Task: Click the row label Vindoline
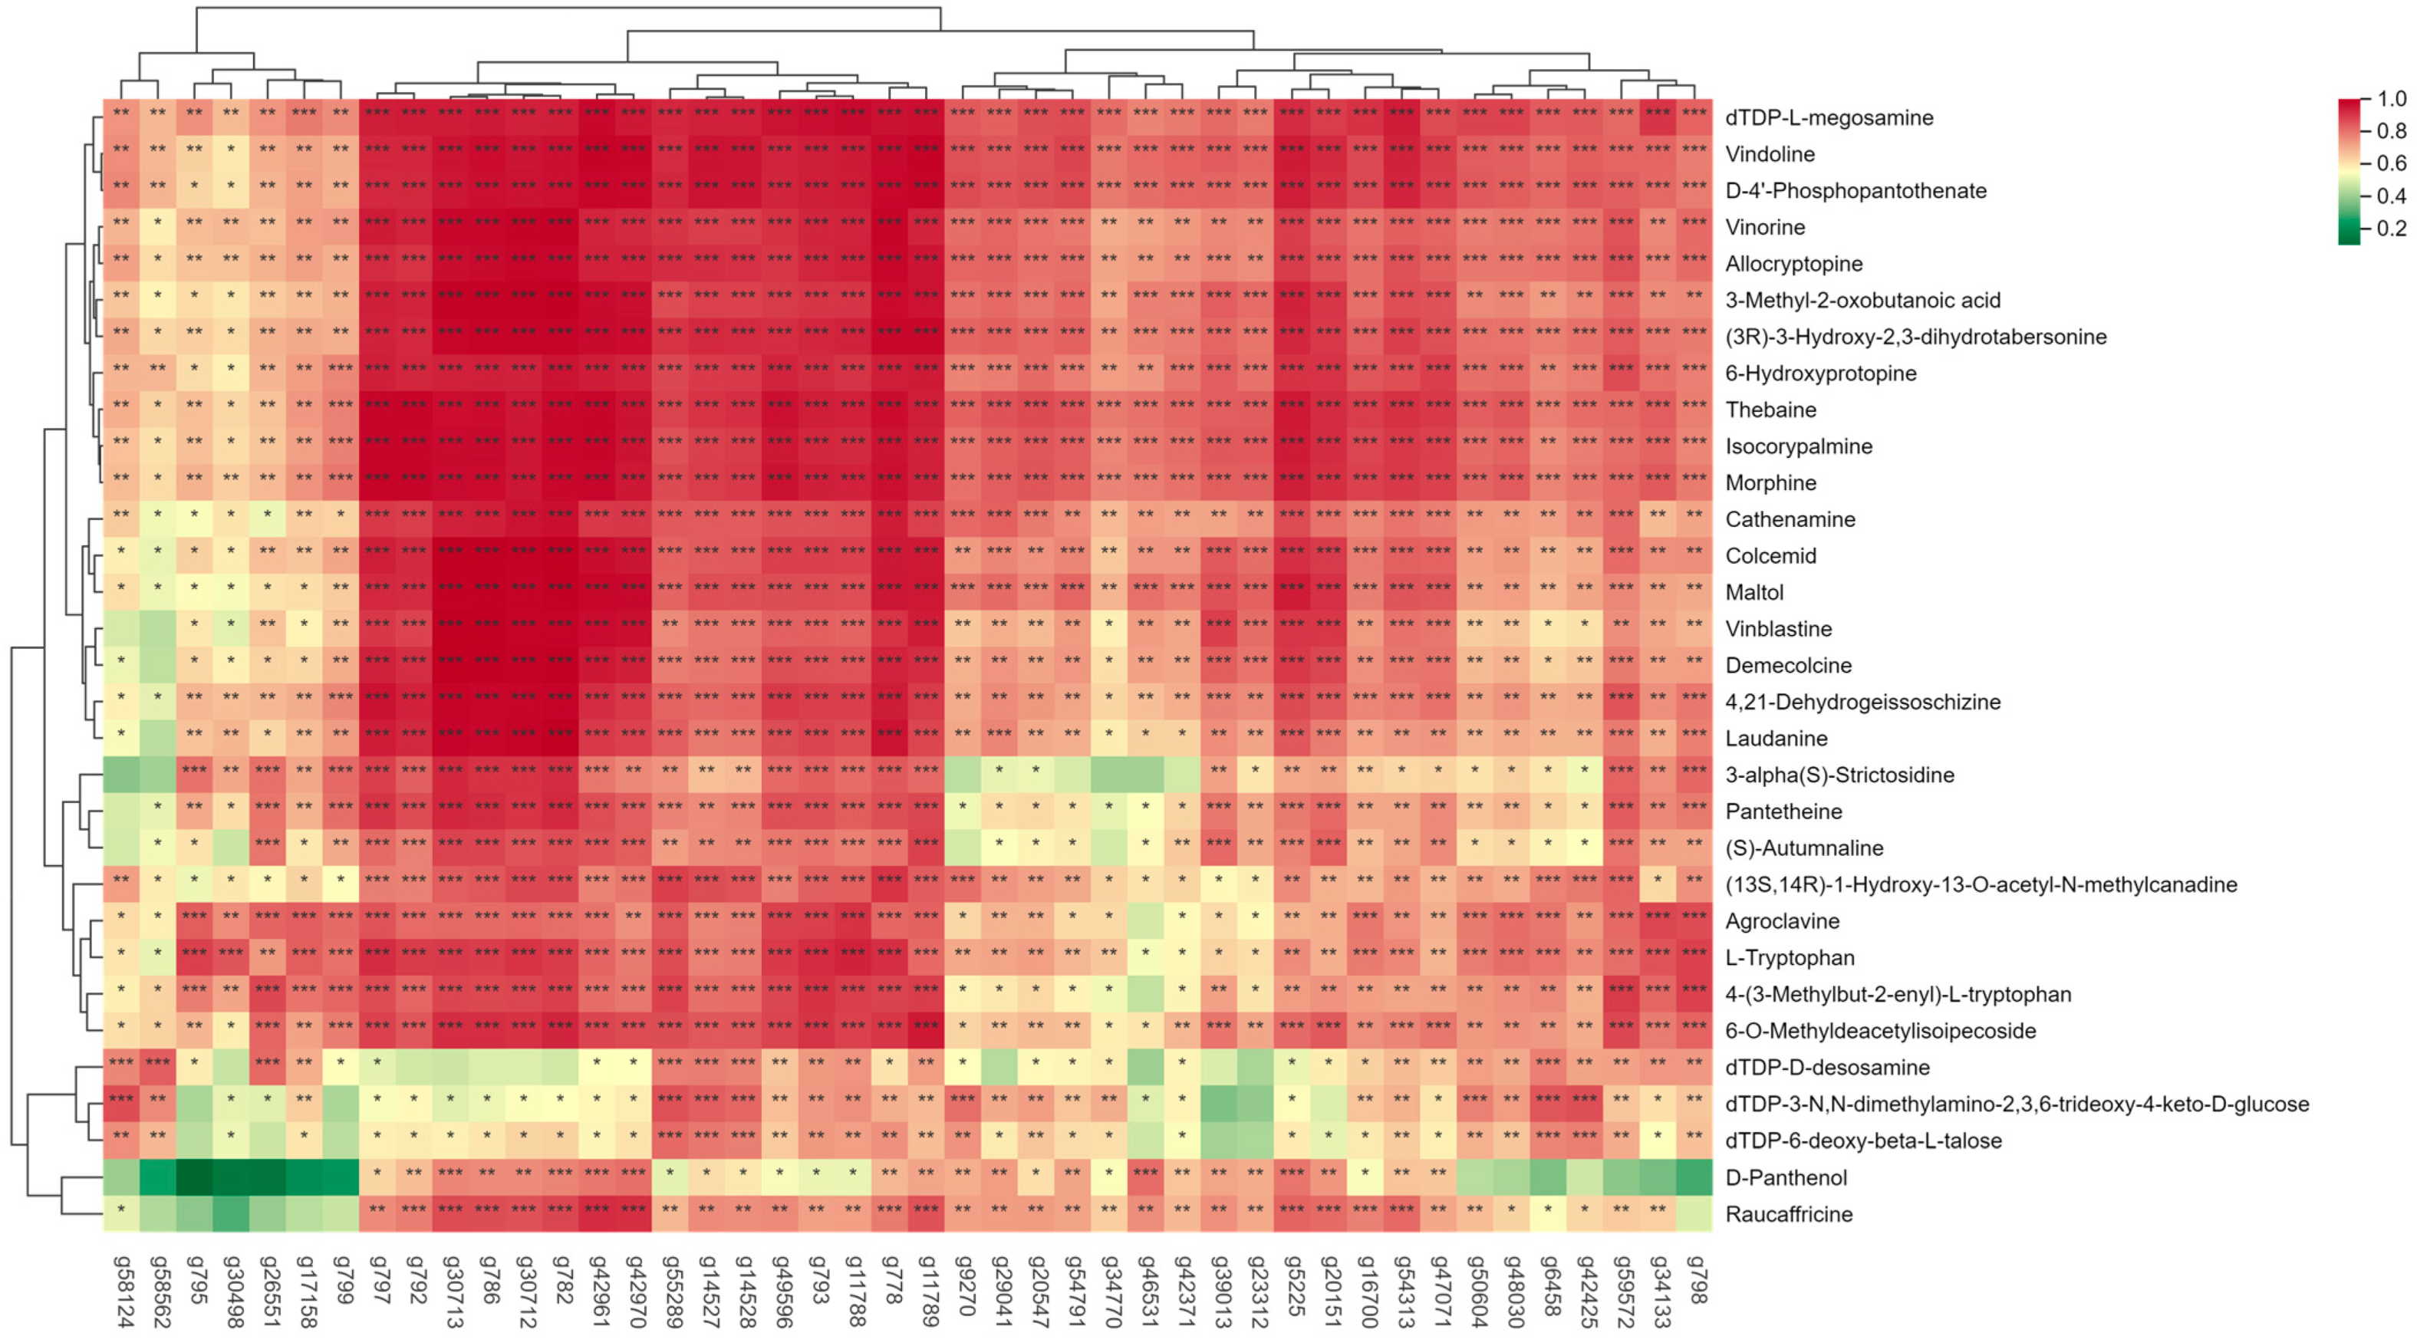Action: tap(1770, 154)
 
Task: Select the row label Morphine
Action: tap(1770, 482)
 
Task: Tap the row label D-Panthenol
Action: tap(1786, 1177)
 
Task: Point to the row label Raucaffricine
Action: tap(1788, 1213)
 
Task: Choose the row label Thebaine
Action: tap(1770, 409)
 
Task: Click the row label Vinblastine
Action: tap(1778, 629)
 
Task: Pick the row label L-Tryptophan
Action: tap(1790, 957)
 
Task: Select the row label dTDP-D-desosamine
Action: tap(1827, 1067)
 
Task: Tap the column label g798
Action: tap(1694, 1279)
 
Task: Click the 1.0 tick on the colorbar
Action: tap(2392, 98)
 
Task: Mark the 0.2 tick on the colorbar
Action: tap(2392, 228)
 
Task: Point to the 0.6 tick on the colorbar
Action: tap(2392, 163)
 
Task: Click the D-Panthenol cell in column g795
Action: tap(195, 1177)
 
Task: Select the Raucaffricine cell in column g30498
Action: tap(232, 1213)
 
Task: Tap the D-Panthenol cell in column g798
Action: tap(1694, 1177)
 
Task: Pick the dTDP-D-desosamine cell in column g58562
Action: tap(159, 1067)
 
